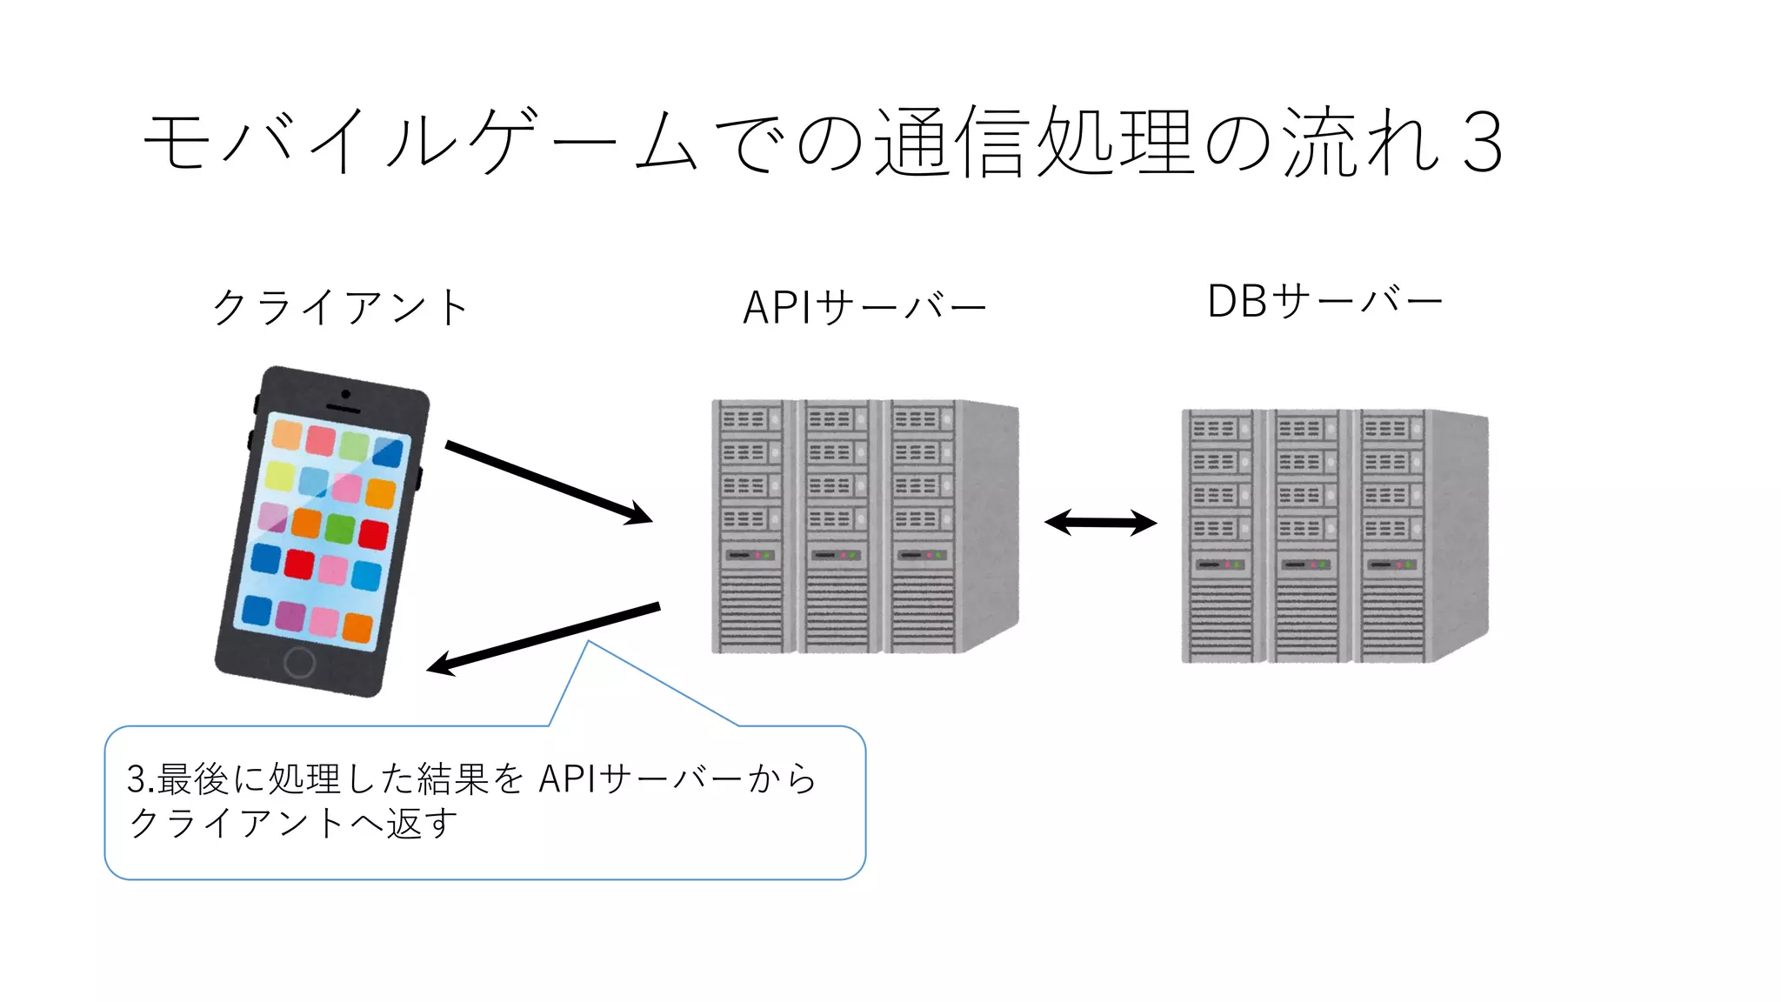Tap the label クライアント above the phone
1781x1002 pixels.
[341, 307]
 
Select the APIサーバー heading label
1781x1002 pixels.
[864, 307]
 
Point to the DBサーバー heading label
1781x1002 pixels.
[1324, 302]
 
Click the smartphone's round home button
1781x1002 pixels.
[300, 662]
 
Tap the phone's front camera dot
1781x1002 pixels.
[346, 394]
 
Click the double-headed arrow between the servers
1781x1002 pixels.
[1100, 523]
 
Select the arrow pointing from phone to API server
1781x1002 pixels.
[548, 482]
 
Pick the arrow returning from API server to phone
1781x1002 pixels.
[544, 638]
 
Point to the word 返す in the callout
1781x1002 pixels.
[422, 823]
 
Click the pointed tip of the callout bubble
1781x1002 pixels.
[589, 643]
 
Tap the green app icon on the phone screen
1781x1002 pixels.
[340, 528]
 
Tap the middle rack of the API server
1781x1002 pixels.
[837, 526]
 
